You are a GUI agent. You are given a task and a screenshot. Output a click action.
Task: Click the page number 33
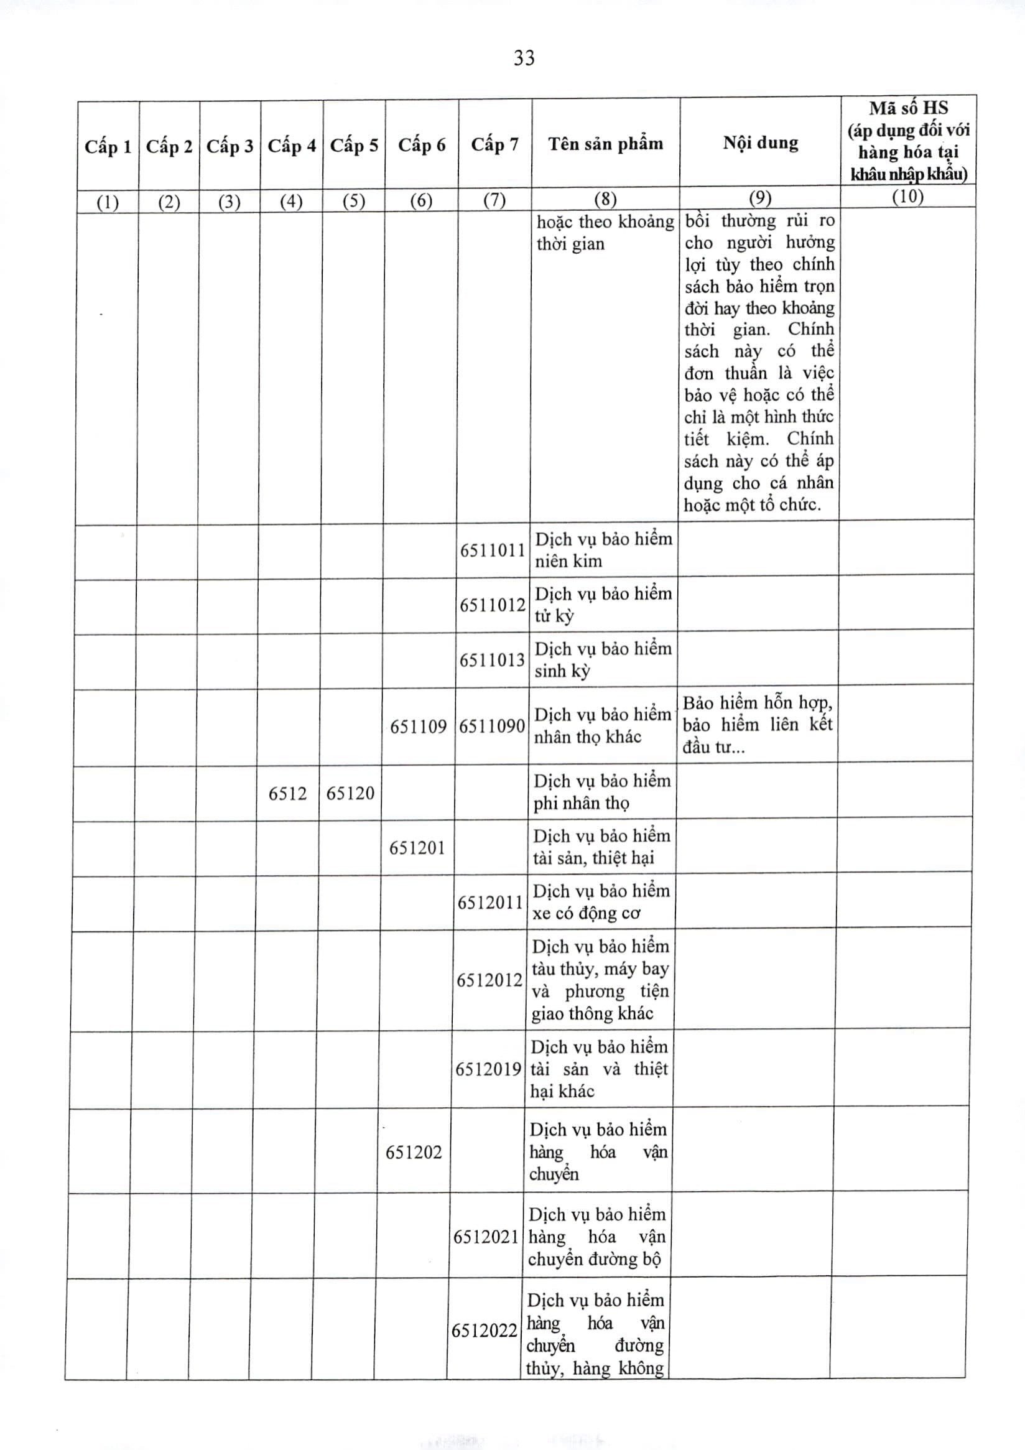coord(524,58)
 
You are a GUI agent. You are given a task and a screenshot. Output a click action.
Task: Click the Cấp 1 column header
coord(108,147)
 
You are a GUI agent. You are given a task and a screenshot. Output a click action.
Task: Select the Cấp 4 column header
coord(291,146)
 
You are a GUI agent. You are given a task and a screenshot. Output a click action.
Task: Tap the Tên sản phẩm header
coord(605,144)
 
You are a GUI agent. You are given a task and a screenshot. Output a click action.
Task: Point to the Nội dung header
coord(760,142)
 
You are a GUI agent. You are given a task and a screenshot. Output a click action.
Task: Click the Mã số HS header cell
coord(907,141)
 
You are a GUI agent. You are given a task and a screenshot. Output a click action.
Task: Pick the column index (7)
coord(494,200)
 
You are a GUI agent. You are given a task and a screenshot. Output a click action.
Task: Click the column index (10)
coord(907,197)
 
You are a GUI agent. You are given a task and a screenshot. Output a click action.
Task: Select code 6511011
coord(492,550)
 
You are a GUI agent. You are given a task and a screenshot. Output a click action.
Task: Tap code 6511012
coord(492,605)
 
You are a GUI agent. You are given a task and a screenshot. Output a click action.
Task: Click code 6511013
coord(492,660)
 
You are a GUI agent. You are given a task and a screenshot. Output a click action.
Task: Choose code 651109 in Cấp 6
coord(418,727)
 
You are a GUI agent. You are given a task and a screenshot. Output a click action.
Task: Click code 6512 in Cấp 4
coord(287,793)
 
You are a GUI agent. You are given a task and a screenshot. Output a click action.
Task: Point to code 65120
coord(350,793)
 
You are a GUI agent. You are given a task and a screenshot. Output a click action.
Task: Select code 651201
coord(417,847)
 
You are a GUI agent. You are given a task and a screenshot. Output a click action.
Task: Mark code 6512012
coord(490,980)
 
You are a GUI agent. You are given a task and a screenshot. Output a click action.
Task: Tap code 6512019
coord(489,1069)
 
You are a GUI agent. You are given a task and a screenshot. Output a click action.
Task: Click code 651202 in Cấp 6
coord(414,1152)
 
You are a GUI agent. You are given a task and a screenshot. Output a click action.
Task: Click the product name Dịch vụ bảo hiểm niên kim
coord(603,550)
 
